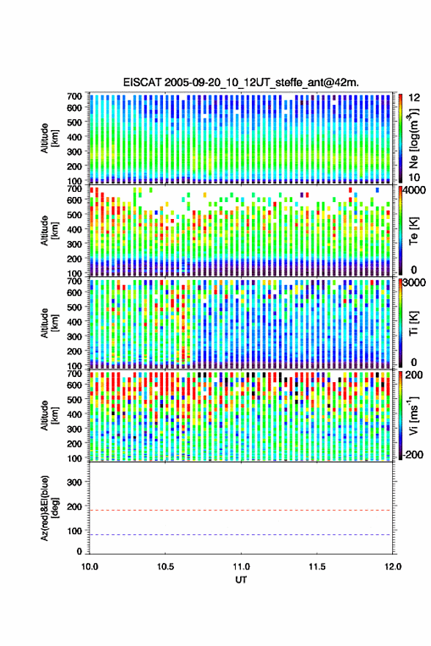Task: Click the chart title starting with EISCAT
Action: (x=241, y=82)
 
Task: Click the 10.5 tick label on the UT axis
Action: (x=165, y=567)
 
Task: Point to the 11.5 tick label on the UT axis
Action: (x=317, y=567)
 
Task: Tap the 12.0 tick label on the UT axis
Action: (x=393, y=567)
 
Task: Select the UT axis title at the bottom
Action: (x=241, y=580)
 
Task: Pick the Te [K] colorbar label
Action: (x=413, y=231)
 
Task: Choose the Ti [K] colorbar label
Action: (x=413, y=323)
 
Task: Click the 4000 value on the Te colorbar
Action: (x=414, y=191)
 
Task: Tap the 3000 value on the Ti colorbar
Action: (x=414, y=283)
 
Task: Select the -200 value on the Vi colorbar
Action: (x=413, y=455)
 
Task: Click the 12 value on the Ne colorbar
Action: (x=414, y=98)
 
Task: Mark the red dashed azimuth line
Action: (x=240, y=511)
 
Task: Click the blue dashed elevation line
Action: (x=240, y=535)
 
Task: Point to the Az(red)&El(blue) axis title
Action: (x=48, y=509)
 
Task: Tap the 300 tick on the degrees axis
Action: (x=74, y=482)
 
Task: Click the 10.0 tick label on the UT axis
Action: (x=90, y=567)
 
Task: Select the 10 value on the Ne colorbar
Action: (x=414, y=177)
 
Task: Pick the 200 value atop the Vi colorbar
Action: (x=413, y=375)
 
